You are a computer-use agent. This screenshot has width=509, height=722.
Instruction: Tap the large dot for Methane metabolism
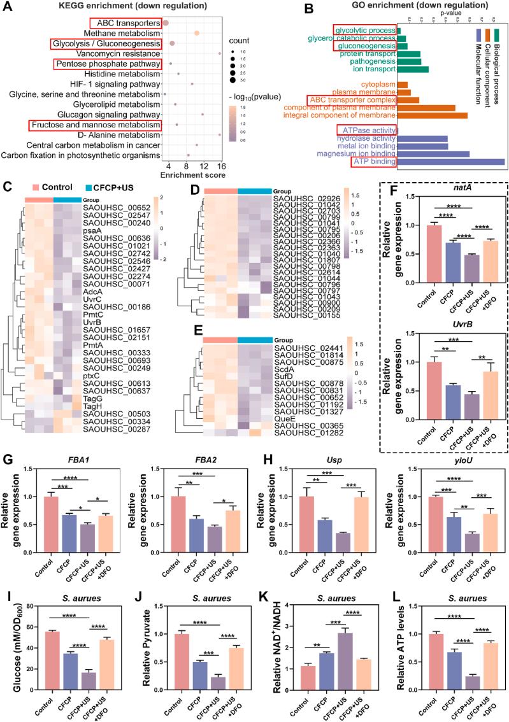[197, 33]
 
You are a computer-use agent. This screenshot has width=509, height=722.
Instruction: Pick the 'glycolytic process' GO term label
[365, 30]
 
